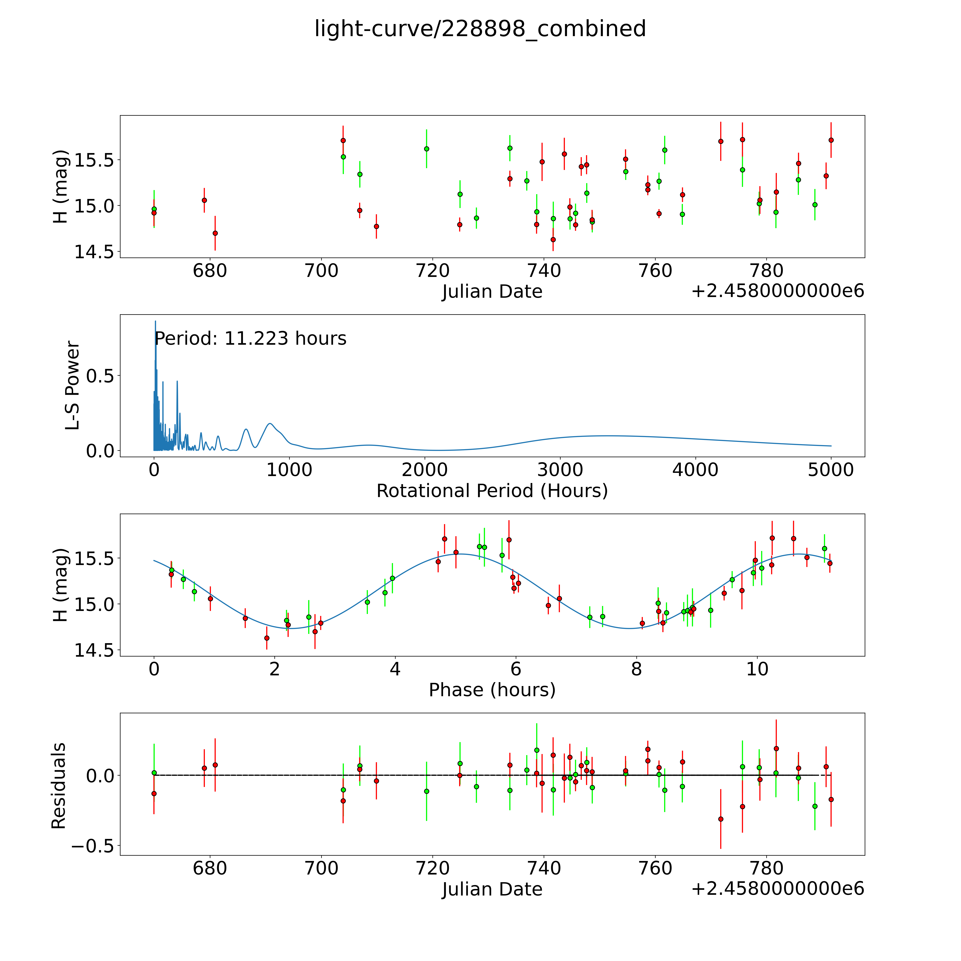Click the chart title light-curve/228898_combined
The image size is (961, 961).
(x=480, y=29)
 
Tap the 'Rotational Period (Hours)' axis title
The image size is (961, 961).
(x=492, y=491)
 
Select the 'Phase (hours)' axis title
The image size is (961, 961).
(x=492, y=690)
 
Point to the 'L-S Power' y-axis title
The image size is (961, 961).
(x=73, y=385)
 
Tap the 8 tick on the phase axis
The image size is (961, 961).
(x=637, y=669)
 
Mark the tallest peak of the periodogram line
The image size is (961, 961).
(x=155, y=321)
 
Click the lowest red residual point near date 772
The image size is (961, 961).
(x=721, y=819)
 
